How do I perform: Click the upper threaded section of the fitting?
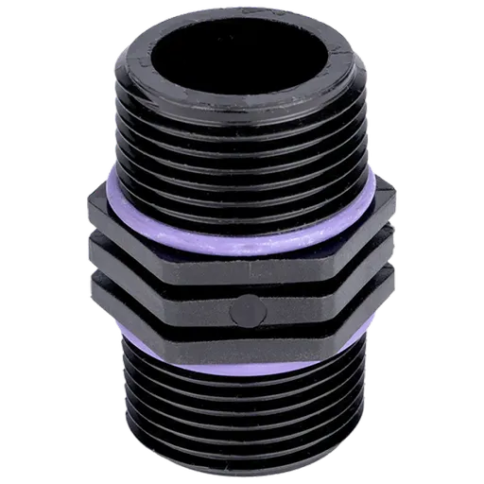coord(242,142)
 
